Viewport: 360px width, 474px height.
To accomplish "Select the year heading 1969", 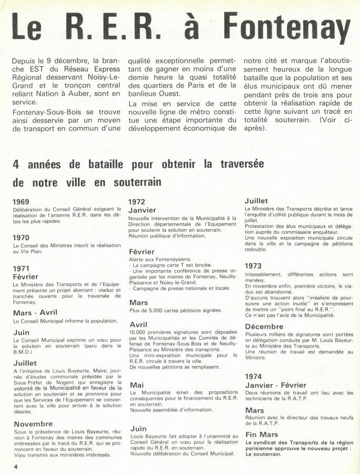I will [21, 202].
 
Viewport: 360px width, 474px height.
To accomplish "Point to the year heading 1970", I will [21, 238].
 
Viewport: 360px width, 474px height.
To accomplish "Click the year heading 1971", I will [21, 268].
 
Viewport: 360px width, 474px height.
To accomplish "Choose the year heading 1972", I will [137, 202].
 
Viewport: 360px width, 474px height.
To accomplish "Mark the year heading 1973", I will [253, 266].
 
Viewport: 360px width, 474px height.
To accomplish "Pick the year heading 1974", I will [253, 377].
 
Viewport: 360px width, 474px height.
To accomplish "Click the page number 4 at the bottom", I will [16, 467].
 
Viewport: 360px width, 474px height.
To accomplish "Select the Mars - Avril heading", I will [35, 312].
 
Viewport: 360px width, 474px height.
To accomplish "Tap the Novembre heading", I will [33, 423].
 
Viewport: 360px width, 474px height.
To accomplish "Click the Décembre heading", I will [264, 327].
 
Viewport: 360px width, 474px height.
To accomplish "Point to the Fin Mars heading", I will [261, 434].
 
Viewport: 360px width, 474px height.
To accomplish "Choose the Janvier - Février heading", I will [276, 384].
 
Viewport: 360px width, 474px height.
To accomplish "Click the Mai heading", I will [136, 385].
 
